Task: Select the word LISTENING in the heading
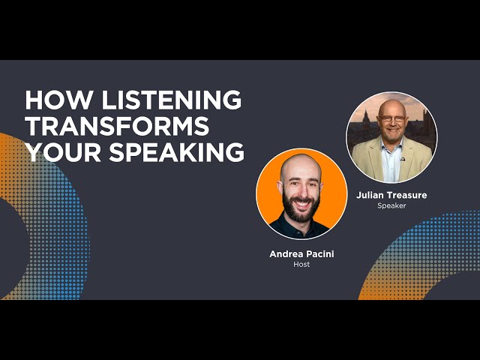click(172, 100)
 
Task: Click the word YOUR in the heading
click(63, 152)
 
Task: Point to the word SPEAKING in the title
click(177, 152)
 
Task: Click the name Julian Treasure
click(391, 195)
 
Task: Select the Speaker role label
click(391, 205)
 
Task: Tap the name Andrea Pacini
click(301, 254)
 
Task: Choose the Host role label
click(301, 264)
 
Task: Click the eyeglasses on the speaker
click(391, 118)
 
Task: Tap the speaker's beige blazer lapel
click(376, 159)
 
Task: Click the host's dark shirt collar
click(301, 227)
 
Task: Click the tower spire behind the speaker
click(365, 115)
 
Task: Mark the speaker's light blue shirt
click(391, 162)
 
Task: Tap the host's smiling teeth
click(301, 203)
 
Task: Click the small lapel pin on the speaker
click(403, 159)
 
